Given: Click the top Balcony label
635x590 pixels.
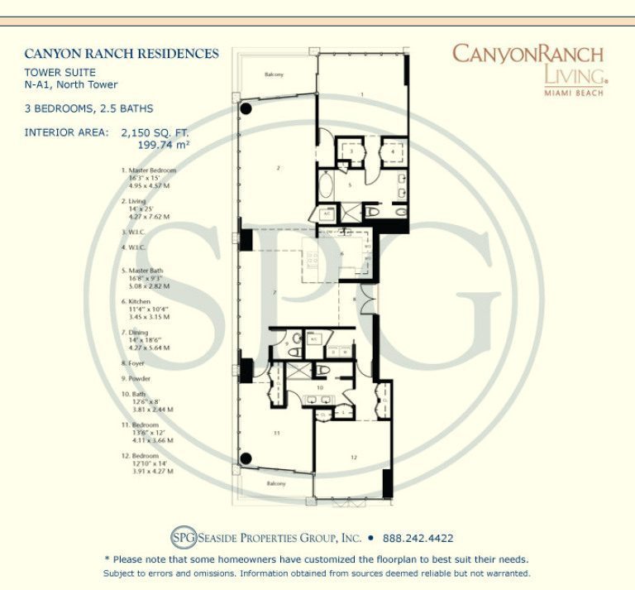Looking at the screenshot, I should [274, 74].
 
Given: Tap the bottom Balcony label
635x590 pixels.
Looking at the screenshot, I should [275, 482].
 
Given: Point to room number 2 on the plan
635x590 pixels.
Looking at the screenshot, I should [279, 169].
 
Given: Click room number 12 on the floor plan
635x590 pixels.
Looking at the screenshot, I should [353, 457].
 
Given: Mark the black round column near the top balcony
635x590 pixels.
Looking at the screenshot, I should [246, 109].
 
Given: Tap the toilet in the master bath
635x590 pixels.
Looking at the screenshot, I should [371, 213].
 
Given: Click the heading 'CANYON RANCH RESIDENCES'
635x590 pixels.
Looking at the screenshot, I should [122, 54].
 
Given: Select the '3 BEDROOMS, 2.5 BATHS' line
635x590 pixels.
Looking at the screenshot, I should [88, 108].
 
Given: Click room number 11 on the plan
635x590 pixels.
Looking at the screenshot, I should [278, 433].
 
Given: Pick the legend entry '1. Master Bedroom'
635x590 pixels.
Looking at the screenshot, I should [148, 170].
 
